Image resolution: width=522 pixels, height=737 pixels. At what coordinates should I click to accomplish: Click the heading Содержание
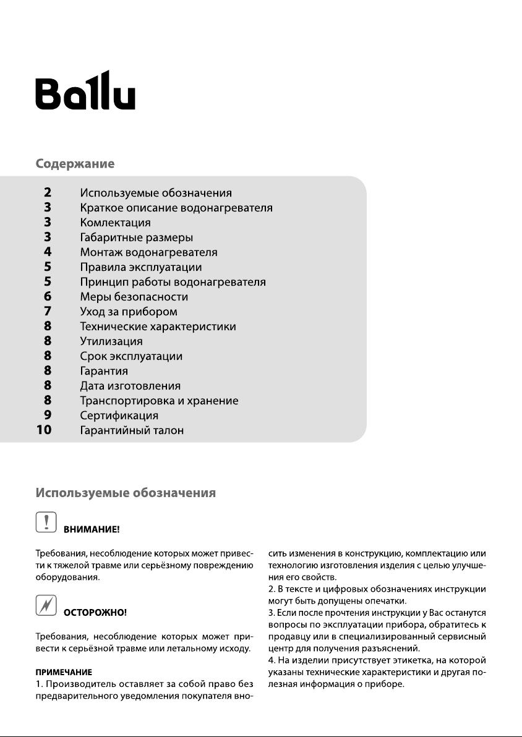[x=75, y=164]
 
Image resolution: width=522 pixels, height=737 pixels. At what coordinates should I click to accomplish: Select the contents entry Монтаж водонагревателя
[x=148, y=252]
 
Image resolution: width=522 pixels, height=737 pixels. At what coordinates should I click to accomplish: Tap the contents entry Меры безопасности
[x=134, y=297]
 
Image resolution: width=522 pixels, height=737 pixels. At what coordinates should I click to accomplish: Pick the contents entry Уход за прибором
[x=129, y=312]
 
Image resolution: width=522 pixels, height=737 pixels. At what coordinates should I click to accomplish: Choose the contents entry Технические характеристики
[x=158, y=326]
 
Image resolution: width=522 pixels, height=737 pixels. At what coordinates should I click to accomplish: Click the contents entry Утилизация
[x=111, y=341]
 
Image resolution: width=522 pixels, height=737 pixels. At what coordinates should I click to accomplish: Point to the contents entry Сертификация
[x=119, y=415]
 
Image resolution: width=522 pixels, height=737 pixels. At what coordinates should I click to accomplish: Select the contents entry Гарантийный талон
[x=132, y=430]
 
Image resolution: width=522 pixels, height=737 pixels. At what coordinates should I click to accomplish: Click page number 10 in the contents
[x=44, y=430]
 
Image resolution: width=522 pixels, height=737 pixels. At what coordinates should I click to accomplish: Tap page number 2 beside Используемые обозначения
[x=48, y=193]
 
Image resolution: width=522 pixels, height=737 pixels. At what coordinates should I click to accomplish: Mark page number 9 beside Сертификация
[x=48, y=415]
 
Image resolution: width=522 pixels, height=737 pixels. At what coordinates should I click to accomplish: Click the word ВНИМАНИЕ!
[x=92, y=530]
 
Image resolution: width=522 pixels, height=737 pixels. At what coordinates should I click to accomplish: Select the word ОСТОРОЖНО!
[x=95, y=613]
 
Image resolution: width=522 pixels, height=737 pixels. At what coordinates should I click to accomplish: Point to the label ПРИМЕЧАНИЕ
[x=64, y=671]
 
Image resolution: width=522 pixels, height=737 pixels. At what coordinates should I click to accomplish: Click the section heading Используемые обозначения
[x=126, y=493]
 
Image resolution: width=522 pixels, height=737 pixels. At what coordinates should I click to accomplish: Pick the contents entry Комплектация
[x=115, y=223]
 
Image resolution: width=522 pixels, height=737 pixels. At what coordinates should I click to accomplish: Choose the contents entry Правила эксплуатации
[x=141, y=267]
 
